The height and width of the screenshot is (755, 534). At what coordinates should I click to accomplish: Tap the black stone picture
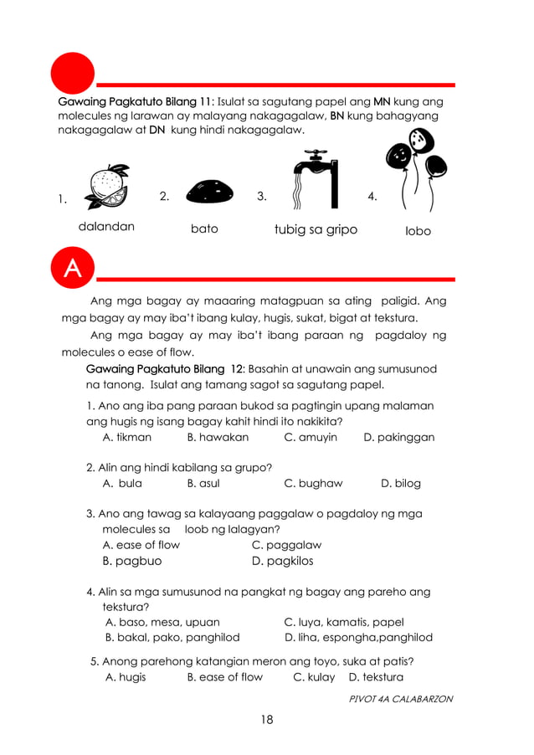click(209, 193)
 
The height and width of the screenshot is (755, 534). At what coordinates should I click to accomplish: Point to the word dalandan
click(106, 227)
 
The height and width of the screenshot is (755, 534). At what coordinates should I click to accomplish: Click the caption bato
click(204, 229)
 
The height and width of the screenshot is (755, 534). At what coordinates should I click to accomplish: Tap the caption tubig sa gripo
click(316, 229)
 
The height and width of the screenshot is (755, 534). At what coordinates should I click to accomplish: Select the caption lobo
click(417, 230)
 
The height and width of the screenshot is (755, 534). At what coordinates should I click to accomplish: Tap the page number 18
click(266, 719)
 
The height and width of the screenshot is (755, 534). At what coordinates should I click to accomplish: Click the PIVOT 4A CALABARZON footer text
click(400, 699)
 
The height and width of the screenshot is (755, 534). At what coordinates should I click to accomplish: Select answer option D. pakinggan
click(398, 437)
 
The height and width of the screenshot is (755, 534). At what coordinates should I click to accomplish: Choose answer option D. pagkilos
click(282, 561)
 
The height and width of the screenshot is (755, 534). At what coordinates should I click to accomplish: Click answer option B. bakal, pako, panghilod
click(172, 637)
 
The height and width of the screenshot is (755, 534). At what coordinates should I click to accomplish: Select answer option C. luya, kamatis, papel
click(344, 622)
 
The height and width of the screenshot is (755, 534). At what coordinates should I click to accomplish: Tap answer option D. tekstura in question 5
click(376, 677)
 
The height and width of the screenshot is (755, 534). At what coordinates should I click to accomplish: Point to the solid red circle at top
click(73, 73)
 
